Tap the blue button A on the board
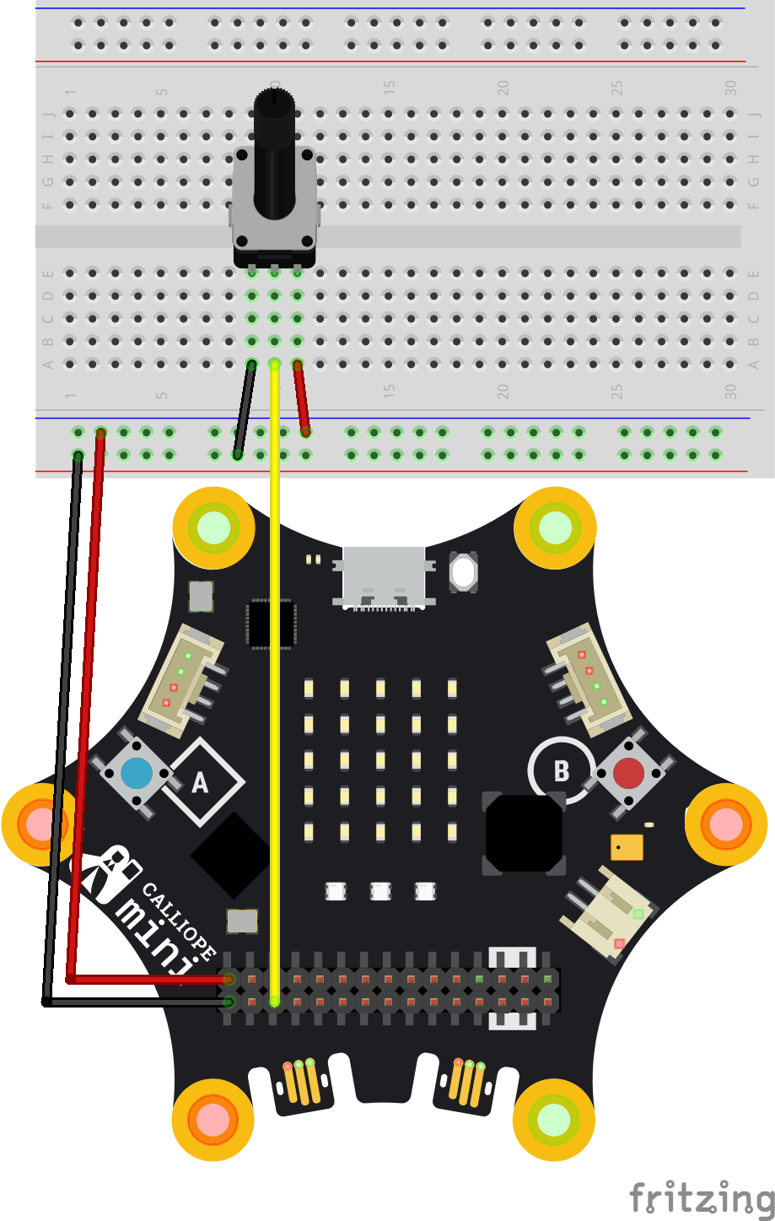click(x=137, y=773)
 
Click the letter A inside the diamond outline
click(x=200, y=783)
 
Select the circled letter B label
click(x=561, y=771)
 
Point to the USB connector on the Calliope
click(x=384, y=576)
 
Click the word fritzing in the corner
click(x=702, y=1197)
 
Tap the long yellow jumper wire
click(x=274, y=675)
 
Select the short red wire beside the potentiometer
click(x=301, y=398)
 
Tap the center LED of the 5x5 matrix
click(x=380, y=760)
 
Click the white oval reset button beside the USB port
click(x=463, y=573)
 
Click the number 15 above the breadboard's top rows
click(x=389, y=87)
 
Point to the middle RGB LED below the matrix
click(x=380, y=891)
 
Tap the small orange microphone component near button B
click(x=627, y=847)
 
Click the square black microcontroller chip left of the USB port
click(x=271, y=624)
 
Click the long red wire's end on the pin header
click(x=228, y=979)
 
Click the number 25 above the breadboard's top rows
click(x=616, y=87)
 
